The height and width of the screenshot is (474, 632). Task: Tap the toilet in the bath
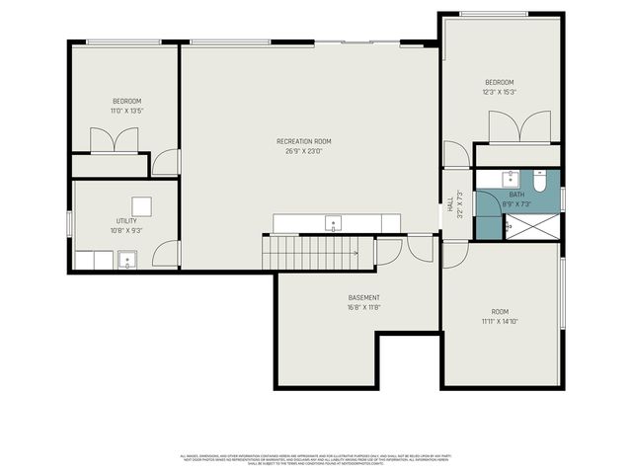click(539, 181)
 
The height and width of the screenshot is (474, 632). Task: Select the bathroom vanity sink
click(509, 179)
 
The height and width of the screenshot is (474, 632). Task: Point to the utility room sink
click(126, 261)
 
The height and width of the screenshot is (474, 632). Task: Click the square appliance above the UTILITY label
click(142, 205)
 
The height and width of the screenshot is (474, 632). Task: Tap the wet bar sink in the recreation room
click(334, 222)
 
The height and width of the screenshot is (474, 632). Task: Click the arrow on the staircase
click(355, 253)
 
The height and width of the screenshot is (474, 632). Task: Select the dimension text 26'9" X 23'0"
click(303, 151)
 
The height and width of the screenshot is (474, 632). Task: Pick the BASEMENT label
click(363, 297)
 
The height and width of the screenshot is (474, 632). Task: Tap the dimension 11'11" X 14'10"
click(500, 321)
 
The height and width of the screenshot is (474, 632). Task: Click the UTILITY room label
click(125, 222)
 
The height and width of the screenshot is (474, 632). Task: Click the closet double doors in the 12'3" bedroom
click(519, 126)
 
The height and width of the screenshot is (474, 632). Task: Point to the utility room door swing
click(170, 254)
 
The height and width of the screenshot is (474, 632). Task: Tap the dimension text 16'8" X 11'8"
click(363, 307)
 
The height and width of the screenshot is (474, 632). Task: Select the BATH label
click(516, 195)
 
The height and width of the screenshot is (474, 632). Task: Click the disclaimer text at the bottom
click(316, 458)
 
